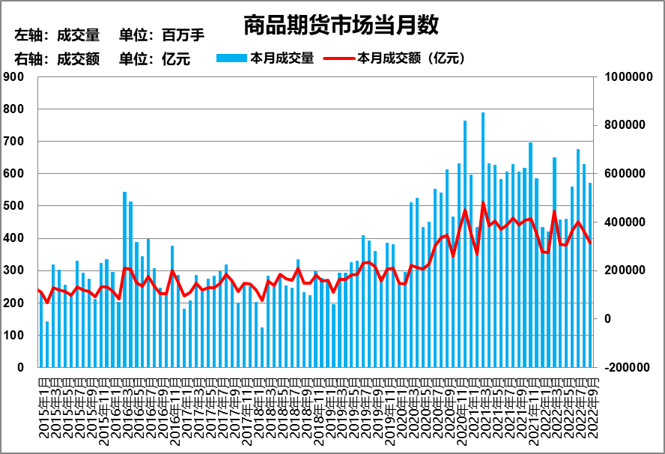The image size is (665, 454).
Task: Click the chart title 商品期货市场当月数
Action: pyautogui.click(x=341, y=26)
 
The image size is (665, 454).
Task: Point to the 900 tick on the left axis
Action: pyautogui.click(x=14, y=76)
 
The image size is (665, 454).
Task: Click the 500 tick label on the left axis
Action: pyautogui.click(x=14, y=206)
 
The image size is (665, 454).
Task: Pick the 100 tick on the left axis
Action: pyautogui.click(x=14, y=336)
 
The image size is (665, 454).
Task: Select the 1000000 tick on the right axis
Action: pyautogui.click(x=626, y=76)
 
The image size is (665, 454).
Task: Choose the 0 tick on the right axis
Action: pyautogui.click(x=608, y=319)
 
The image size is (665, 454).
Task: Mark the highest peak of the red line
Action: pyautogui.click(x=483, y=202)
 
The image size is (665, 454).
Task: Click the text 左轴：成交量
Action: pyautogui.click(x=57, y=35)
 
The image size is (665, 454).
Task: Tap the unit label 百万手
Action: pyautogui.click(x=183, y=35)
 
